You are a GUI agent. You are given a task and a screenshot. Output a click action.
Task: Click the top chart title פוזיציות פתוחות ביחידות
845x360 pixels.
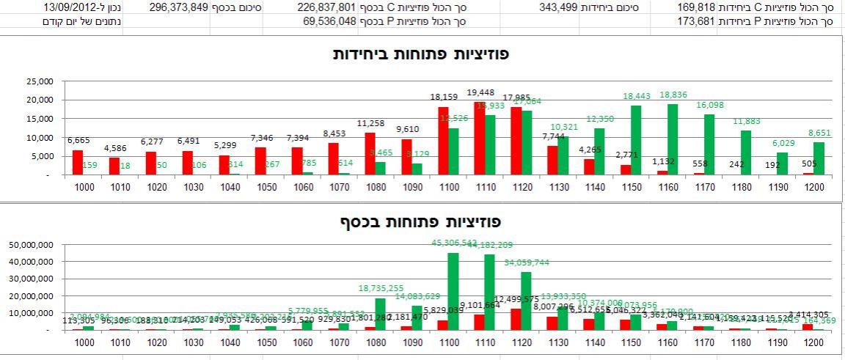tap(421, 54)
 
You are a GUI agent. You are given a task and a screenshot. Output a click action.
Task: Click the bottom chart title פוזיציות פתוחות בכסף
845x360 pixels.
tap(421, 221)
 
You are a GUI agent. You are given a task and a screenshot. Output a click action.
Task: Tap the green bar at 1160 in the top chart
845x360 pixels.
tap(673, 139)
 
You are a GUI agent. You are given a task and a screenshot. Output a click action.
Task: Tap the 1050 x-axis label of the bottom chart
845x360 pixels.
tap(271, 342)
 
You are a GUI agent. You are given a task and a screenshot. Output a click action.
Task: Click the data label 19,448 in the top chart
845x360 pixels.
tap(480, 92)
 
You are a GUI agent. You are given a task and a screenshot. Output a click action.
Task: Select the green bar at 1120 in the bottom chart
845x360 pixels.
tap(526, 301)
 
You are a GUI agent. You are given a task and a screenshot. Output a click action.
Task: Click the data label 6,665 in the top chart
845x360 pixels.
tap(78, 140)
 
